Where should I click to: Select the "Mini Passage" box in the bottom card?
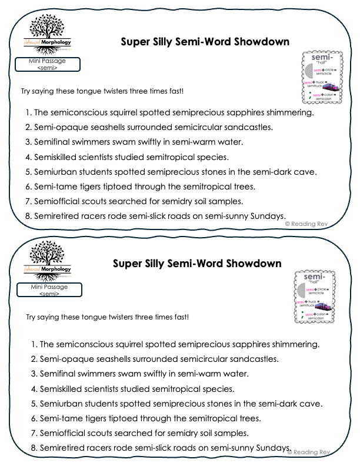coord(48,289)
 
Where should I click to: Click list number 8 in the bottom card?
coord(34,448)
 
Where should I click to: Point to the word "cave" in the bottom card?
coord(312,404)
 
